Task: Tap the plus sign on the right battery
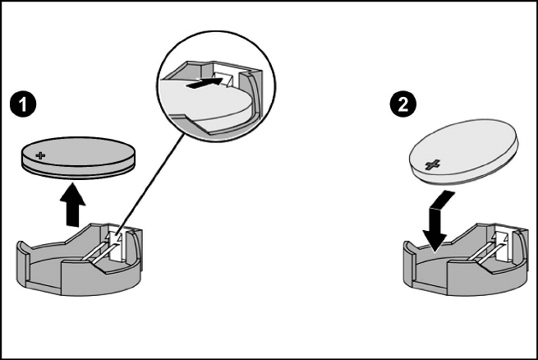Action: pos(433,164)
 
